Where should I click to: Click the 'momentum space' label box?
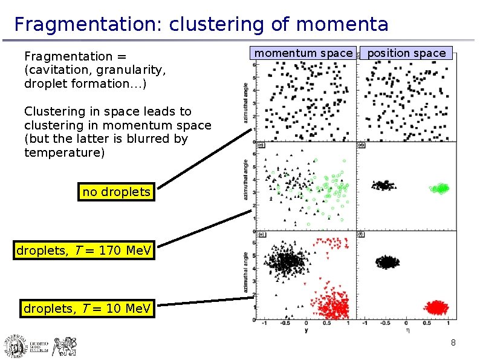(x=302, y=53)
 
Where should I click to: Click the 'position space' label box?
(x=406, y=53)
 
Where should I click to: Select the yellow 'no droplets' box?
(x=116, y=192)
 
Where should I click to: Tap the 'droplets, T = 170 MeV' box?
(x=84, y=250)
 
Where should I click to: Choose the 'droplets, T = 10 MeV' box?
(x=87, y=309)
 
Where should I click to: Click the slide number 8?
(x=453, y=344)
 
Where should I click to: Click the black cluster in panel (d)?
(x=382, y=185)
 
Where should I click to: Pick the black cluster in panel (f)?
(x=387, y=262)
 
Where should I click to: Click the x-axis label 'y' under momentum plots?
(x=306, y=330)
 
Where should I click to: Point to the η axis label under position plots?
(x=407, y=330)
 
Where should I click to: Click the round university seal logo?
(x=15, y=347)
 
